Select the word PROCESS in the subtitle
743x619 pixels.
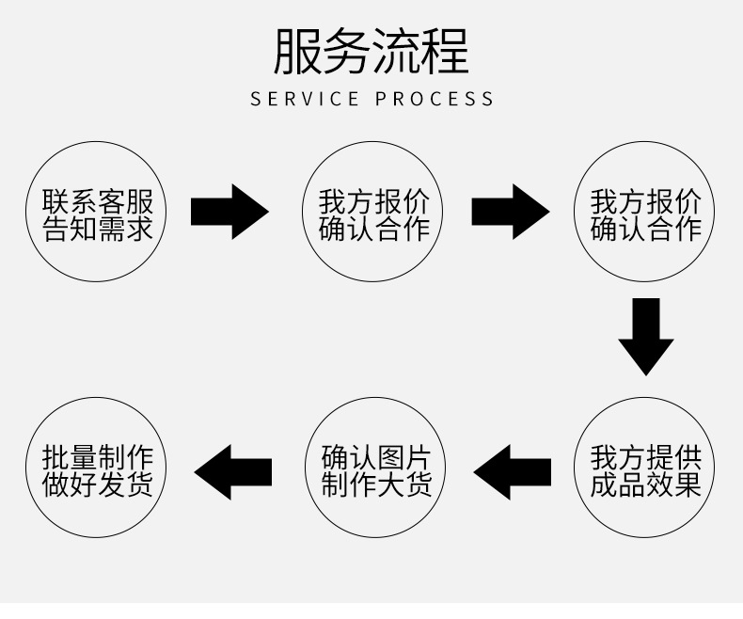point(435,99)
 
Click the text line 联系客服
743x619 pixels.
point(98,201)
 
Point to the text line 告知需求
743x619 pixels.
point(98,229)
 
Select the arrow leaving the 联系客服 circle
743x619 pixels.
point(229,212)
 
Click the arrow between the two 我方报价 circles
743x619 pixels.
point(510,212)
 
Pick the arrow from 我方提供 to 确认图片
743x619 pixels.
point(512,471)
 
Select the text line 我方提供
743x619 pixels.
point(646,458)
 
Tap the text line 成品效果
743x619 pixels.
point(646,485)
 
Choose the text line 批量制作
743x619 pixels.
point(98,458)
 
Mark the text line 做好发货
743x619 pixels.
point(98,485)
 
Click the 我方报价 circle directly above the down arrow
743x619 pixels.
point(646,214)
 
